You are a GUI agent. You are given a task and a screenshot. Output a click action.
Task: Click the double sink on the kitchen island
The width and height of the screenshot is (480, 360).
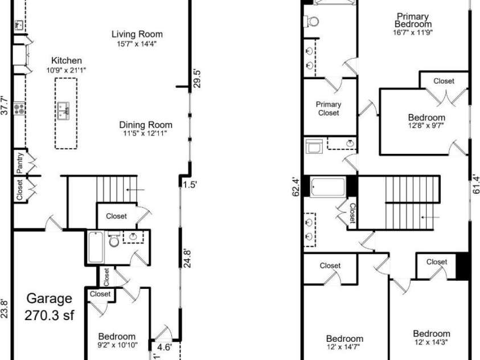coord(63,109)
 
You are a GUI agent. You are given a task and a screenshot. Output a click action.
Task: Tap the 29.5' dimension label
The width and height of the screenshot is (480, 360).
coord(197,78)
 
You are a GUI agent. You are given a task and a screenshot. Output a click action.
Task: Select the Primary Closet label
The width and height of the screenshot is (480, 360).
coord(329,108)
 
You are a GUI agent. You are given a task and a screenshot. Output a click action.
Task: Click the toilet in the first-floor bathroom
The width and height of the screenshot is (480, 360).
coord(114,242)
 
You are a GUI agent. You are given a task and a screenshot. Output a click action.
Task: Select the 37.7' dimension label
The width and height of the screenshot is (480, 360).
coord(5,105)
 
